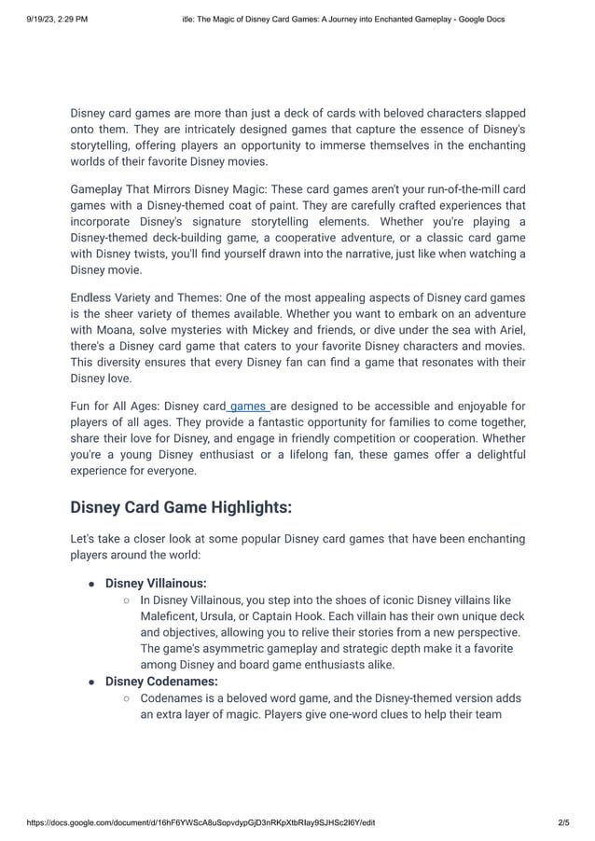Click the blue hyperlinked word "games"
248,406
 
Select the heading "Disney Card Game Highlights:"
181,507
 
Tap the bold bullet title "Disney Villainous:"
156,583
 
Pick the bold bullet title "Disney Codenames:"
160,682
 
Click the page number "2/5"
562,823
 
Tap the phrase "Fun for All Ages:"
114,406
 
